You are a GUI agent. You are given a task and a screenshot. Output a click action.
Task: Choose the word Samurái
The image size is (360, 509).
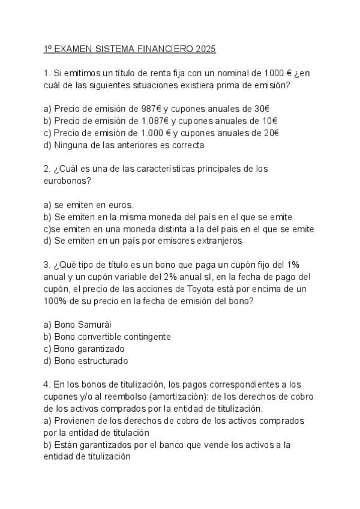[94, 325]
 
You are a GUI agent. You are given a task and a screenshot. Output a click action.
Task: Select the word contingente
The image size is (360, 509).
[145, 337]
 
